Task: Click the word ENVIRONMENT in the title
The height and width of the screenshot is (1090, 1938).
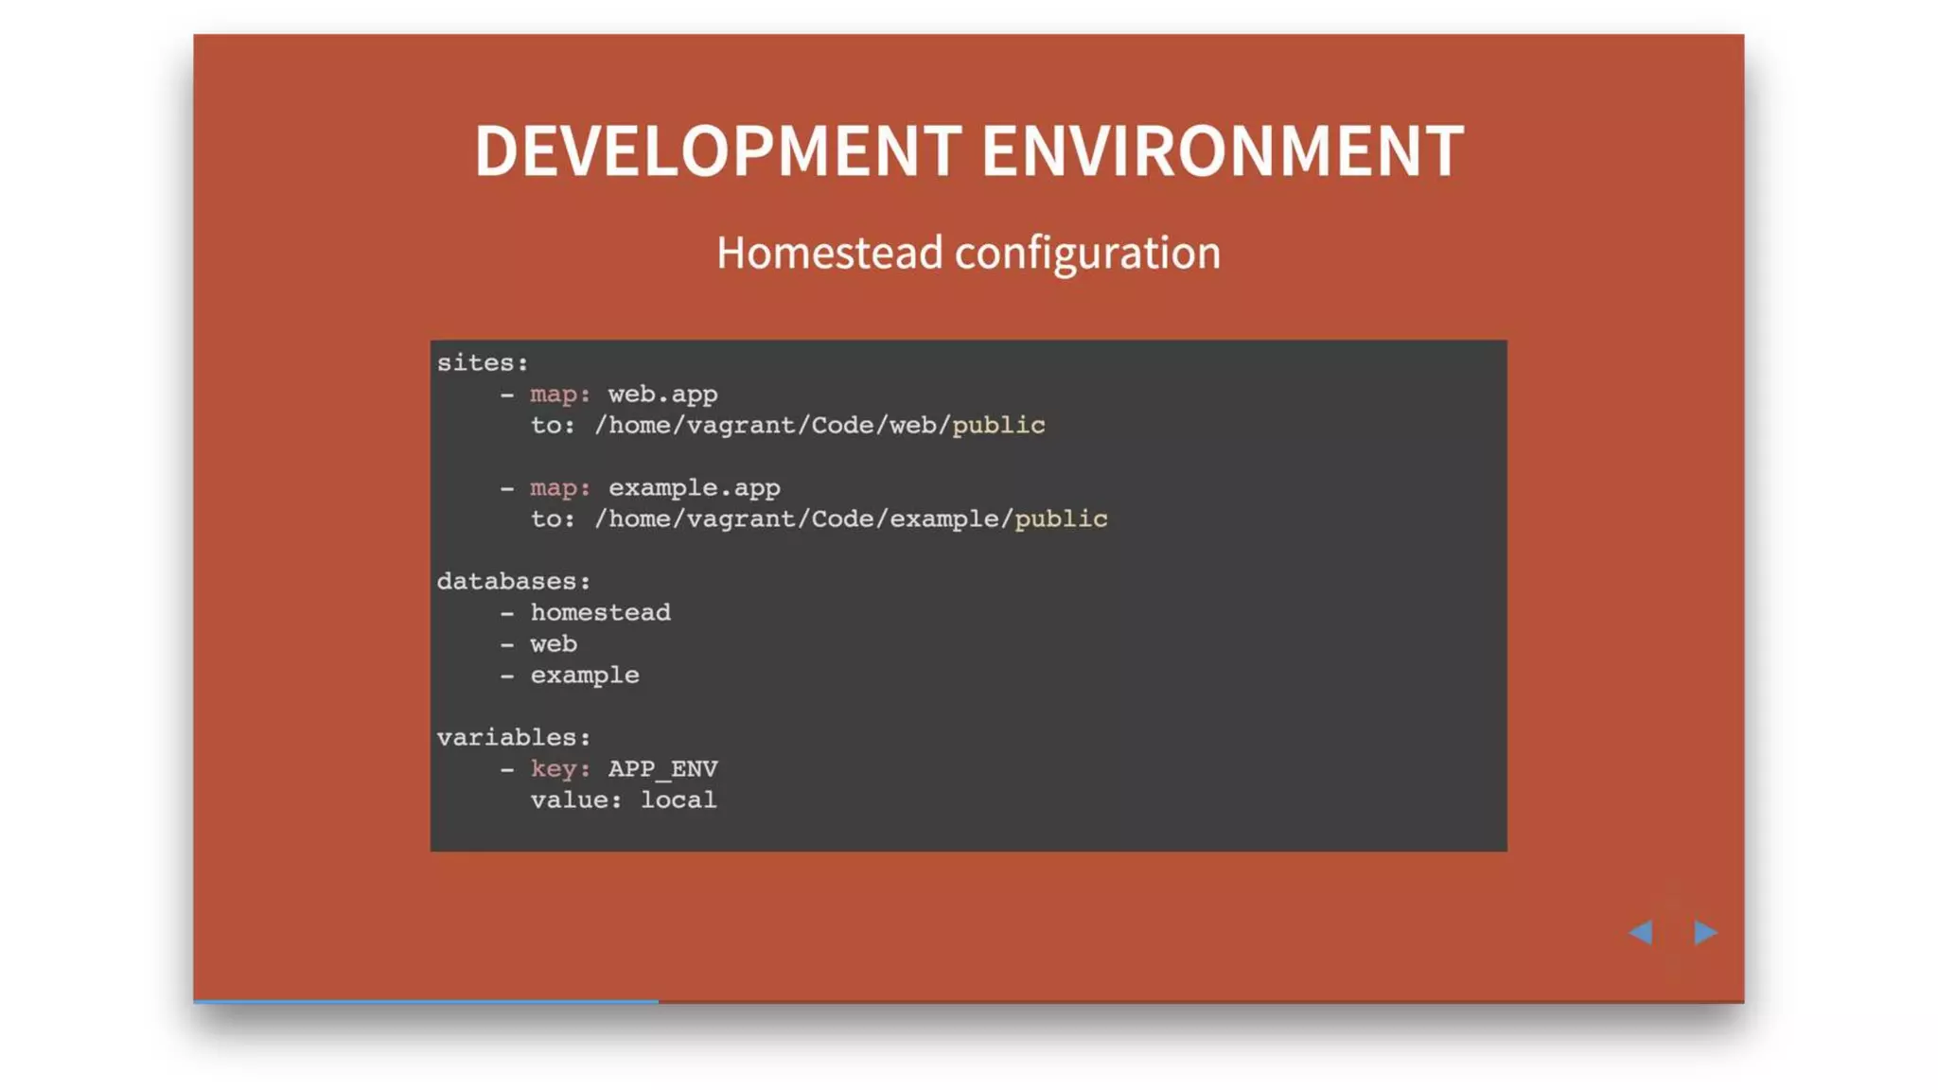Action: pyautogui.click(x=1222, y=151)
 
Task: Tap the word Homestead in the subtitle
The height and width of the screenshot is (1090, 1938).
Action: pyautogui.click(x=829, y=254)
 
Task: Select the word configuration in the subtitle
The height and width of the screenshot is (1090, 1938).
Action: pyautogui.click(x=1087, y=254)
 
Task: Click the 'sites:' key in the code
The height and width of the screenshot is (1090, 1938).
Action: pyautogui.click(x=483, y=363)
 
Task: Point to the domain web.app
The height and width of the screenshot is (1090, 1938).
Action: pyautogui.click(x=662, y=395)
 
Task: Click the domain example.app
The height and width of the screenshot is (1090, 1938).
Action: pyautogui.click(x=694, y=488)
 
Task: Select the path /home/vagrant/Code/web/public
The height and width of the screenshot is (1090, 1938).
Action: pyautogui.click(x=819, y=426)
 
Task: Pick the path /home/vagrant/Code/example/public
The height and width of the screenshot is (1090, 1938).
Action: pyautogui.click(x=851, y=519)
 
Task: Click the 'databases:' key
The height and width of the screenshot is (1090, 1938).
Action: pyautogui.click(x=514, y=582)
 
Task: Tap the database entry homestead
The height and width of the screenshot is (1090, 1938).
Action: pyautogui.click(x=600, y=613)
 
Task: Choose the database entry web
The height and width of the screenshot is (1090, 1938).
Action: pyautogui.click(x=554, y=644)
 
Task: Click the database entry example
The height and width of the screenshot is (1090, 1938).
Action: pyautogui.click(x=585, y=676)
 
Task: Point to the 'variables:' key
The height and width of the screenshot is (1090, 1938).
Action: pyautogui.click(x=514, y=738)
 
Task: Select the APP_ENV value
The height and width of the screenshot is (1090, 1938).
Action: pyautogui.click(x=662, y=769)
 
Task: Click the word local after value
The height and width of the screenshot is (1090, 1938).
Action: pyautogui.click(x=678, y=800)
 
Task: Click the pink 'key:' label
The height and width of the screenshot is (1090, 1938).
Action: pyautogui.click(x=560, y=769)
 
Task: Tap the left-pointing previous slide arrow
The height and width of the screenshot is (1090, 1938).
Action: pyautogui.click(x=1641, y=933)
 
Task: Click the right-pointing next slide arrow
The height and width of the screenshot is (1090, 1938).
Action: pyautogui.click(x=1705, y=933)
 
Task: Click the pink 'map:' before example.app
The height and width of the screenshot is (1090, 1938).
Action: pyautogui.click(x=560, y=488)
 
